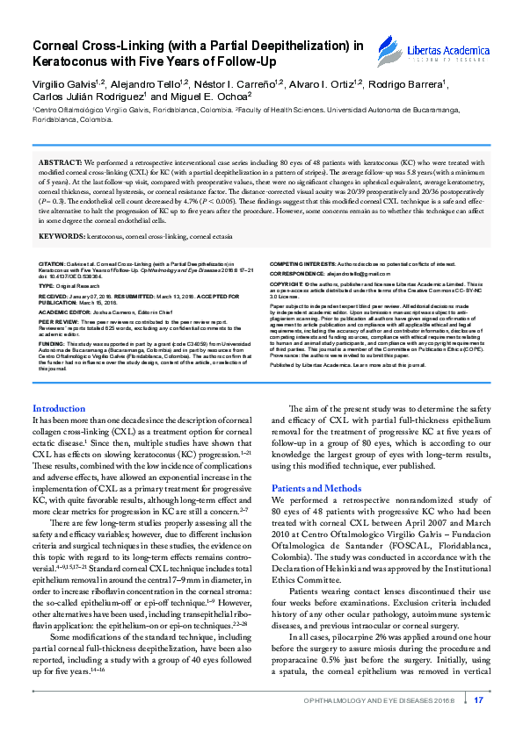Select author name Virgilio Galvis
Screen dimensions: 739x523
coord(62,83)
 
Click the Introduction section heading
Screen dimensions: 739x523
coord(58,409)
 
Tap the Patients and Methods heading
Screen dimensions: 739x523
coord(316,488)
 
